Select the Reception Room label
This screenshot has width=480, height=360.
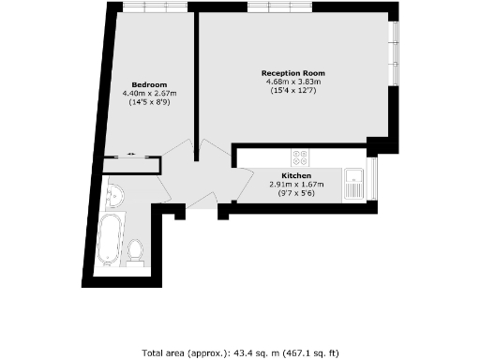pyautogui.click(x=293, y=72)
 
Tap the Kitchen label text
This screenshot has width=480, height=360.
pyautogui.click(x=296, y=175)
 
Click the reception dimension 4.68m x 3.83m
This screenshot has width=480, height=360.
pyautogui.click(x=293, y=82)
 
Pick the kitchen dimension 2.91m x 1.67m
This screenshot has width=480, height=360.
pyautogui.click(x=296, y=184)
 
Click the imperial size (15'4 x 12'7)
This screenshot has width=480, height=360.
pyautogui.click(x=293, y=90)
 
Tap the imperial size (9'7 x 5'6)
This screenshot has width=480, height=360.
pyautogui.click(x=296, y=193)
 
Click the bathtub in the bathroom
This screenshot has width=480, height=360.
pyautogui.click(x=111, y=239)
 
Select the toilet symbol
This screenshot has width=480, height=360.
pyautogui.click(x=136, y=250)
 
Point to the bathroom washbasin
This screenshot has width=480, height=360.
pyautogui.click(x=114, y=196)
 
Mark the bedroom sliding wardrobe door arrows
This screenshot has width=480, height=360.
pyautogui.click(x=131, y=154)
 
